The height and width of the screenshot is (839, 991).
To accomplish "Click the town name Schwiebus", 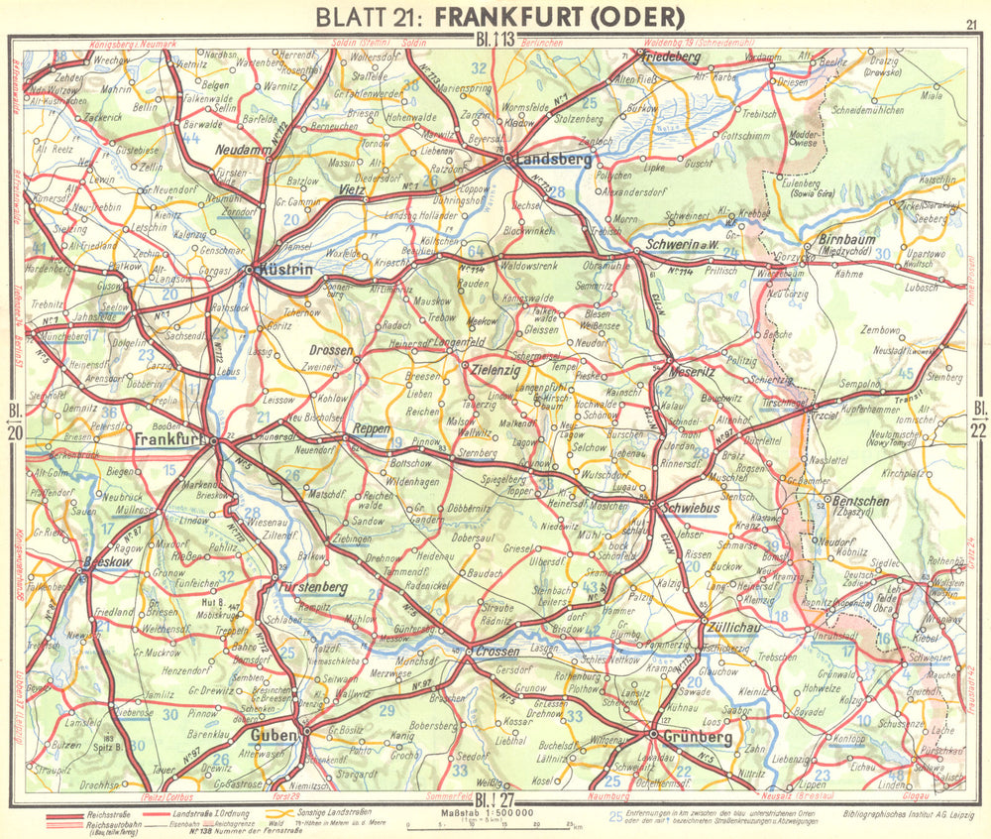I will click(681, 504).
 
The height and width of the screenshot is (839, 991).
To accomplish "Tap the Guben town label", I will click(274, 735).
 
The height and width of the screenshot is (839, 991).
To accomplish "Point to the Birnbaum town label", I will click(851, 239).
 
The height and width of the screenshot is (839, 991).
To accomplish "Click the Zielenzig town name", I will click(495, 366).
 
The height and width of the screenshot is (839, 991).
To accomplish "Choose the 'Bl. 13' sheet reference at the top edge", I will click(493, 41).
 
